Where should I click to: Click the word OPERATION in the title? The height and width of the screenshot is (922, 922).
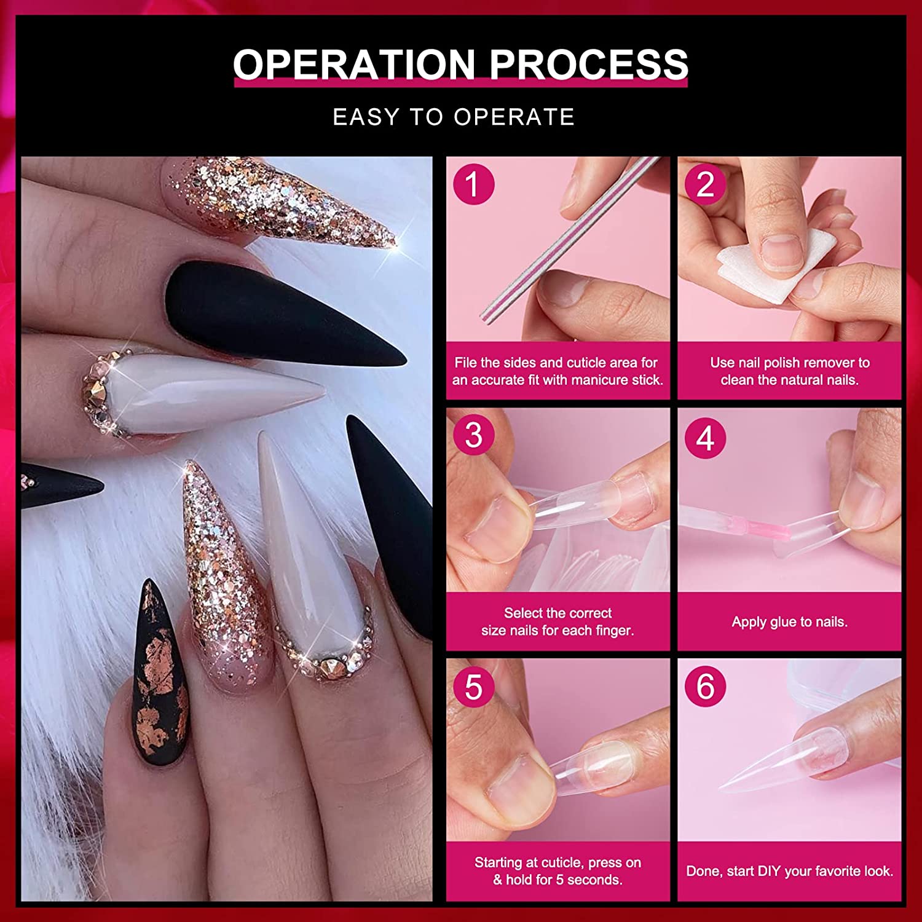click(354, 64)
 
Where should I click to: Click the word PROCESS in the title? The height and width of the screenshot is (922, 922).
click(588, 64)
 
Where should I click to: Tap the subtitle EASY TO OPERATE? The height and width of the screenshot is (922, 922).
click(454, 117)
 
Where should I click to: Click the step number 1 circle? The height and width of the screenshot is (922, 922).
click(473, 184)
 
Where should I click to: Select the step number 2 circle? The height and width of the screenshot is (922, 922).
click(705, 184)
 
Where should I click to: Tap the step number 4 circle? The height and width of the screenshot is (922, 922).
click(705, 438)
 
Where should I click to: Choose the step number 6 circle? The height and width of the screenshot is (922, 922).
click(705, 686)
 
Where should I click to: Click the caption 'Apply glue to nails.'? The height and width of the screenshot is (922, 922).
click(789, 622)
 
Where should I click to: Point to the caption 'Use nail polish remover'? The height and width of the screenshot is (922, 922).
click(789, 363)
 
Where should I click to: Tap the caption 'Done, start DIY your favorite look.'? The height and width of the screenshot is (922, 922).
click(789, 871)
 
